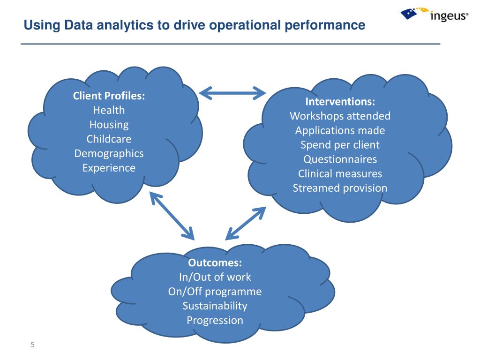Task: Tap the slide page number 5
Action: [x=33, y=345]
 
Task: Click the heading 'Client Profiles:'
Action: [x=109, y=96]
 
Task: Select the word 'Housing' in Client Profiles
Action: [x=109, y=125]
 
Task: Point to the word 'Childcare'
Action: [x=109, y=139]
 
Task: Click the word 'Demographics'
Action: [x=109, y=153]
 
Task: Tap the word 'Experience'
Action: [x=109, y=168]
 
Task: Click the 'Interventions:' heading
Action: [x=340, y=102]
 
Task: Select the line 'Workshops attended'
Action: [x=340, y=116]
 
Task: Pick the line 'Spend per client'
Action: [x=340, y=145]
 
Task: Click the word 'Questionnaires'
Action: [x=340, y=159]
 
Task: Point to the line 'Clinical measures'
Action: [x=340, y=174]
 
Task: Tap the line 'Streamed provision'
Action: [x=340, y=188]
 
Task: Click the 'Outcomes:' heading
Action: [x=215, y=262]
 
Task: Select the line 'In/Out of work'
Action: [x=215, y=277]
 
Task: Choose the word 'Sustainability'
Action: [x=215, y=306]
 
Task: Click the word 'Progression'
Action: [x=215, y=321]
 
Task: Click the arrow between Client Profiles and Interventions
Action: [x=233, y=93]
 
